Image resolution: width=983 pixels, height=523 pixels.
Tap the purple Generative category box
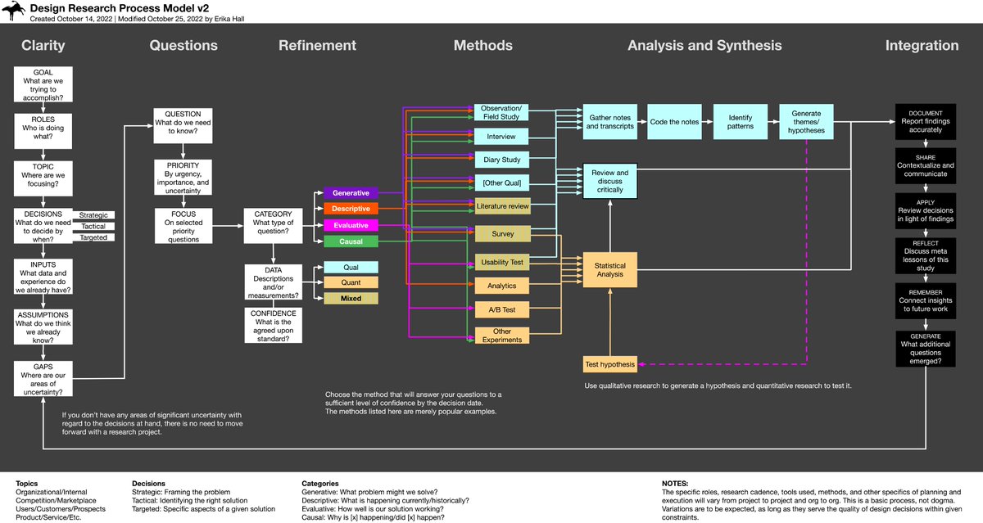tap(350, 193)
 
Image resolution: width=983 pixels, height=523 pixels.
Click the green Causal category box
tap(350, 241)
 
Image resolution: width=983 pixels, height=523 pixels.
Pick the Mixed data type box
tap(350, 299)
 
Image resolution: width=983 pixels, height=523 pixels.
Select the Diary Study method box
tap(501, 159)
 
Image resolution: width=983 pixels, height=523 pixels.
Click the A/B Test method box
tap(501, 310)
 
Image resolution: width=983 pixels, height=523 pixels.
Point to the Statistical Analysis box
tap(609, 270)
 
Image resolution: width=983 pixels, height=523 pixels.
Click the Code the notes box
tap(674, 121)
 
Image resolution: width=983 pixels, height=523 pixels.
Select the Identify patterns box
tap(740, 121)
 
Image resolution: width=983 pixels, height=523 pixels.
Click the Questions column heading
tap(183, 46)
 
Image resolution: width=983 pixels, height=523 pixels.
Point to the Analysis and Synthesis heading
tap(704, 46)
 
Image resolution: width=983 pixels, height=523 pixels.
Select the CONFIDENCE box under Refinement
tap(273, 325)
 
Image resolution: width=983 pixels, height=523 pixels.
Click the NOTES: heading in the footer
tap(677, 483)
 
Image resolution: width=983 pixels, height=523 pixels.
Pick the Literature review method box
tap(501, 206)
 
